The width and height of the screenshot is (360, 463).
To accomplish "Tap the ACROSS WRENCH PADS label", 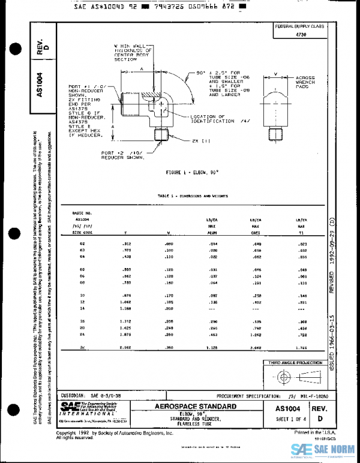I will pyautogui.click(x=305, y=83).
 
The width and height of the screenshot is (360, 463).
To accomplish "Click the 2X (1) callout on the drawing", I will pyautogui.click(x=202, y=141).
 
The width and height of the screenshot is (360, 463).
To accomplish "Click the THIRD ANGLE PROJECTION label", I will pyautogui.click(x=295, y=363).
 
